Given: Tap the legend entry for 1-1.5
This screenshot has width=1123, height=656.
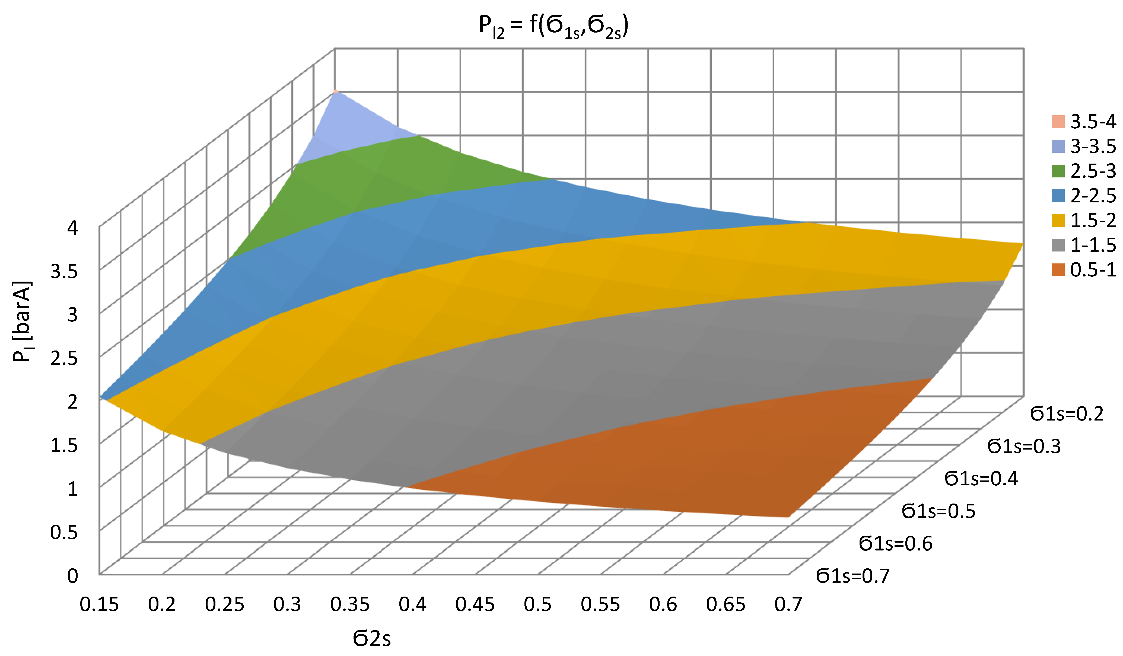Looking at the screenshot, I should click(1083, 245).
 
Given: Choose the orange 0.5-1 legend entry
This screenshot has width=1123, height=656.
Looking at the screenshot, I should click(1083, 270).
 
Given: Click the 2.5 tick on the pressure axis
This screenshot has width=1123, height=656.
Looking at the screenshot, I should click(65, 359).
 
